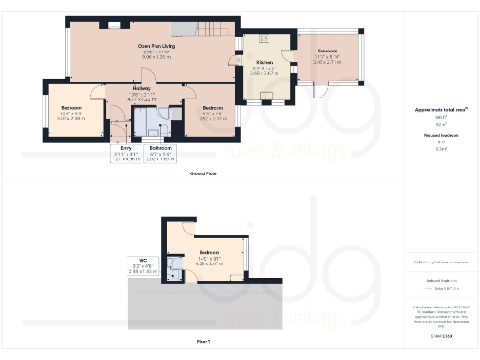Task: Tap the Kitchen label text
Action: coord(264,62)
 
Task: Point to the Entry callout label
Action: coord(117,148)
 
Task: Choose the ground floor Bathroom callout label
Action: coord(160,148)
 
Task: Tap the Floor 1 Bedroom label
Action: coord(208,253)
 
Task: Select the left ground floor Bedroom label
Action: coord(70,109)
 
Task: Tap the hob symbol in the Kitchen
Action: coord(263,38)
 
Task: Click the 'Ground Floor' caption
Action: coord(204,174)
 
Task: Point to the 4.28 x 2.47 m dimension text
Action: coord(208,264)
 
